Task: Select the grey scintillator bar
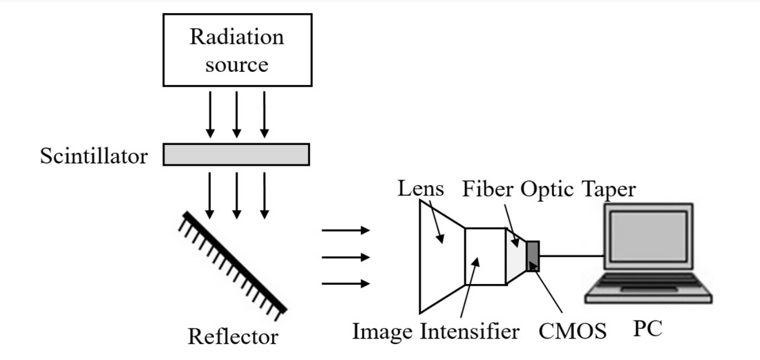click(236, 154)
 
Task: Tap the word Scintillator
click(93, 157)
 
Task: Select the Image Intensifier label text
click(435, 332)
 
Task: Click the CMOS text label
click(573, 332)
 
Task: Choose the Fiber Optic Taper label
click(549, 189)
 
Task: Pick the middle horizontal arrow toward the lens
click(345, 257)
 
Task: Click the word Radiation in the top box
click(236, 38)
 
